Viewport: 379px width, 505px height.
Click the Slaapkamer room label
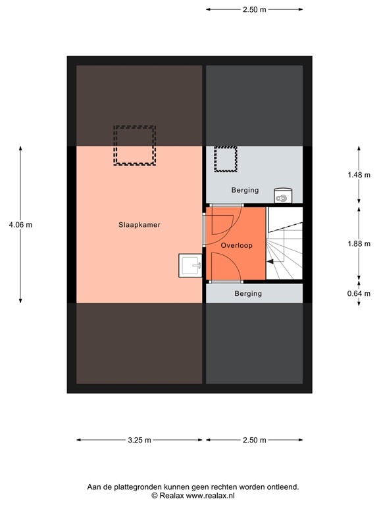coord(139,224)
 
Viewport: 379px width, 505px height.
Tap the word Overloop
coord(237,245)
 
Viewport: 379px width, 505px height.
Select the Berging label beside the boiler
coord(245,190)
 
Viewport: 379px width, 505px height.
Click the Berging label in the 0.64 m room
coord(248,293)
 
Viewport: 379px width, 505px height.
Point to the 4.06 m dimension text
coord(20,224)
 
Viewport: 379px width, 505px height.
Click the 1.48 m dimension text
coord(359,176)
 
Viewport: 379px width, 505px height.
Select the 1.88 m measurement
coord(359,243)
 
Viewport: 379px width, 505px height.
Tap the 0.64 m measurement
coord(359,293)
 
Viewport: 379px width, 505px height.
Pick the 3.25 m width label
coord(139,440)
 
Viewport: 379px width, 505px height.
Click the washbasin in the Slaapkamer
coord(190,266)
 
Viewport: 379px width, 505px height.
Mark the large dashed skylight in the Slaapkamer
coord(134,146)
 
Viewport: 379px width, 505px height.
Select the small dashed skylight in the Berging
coord(226,158)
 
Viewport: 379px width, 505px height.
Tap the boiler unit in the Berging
coord(283,195)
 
